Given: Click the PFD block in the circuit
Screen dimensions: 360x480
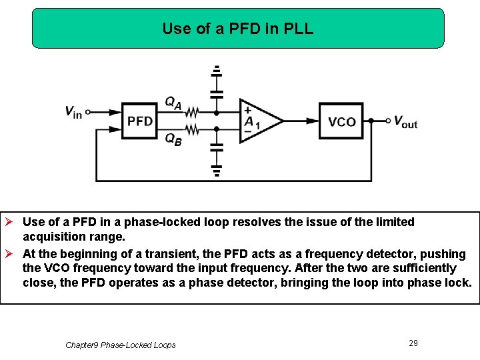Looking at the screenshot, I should coord(139,121).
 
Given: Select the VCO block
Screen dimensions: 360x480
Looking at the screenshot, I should coord(341,121).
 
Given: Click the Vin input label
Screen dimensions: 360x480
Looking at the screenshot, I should coord(73,112).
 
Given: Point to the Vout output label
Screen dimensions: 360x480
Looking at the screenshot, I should coord(405,121).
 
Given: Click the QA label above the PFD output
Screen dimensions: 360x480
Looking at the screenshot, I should coord(173,102).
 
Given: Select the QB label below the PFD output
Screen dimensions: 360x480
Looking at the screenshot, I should coord(173,139).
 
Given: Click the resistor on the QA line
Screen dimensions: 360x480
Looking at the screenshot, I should coord(192,112).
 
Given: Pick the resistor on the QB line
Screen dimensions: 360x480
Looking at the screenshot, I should coord(192,129).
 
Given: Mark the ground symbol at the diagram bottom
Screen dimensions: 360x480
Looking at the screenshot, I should coord(217,171).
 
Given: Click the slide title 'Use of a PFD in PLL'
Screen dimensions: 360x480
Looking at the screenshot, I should coord(237,29).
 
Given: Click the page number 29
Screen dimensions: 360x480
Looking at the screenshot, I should coord(413,343).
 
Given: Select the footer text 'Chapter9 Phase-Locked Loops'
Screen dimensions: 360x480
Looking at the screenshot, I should coord(121,345).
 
